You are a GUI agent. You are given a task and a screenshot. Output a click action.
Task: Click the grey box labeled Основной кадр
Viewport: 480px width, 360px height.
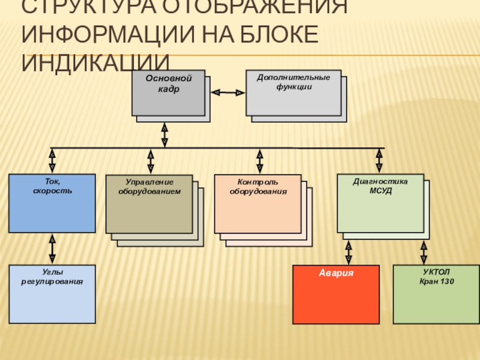click(x=168, y=93)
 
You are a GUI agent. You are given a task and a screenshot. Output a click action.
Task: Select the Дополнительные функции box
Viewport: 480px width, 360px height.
click(x=293, y=93)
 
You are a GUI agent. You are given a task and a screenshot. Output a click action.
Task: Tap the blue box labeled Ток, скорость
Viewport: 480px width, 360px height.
click(x=52, y=203)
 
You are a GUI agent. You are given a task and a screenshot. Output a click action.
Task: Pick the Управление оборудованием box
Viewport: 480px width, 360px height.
click(x=149, y=204)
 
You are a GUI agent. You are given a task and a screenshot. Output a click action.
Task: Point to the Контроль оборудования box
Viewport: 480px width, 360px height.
click(x=258, y=204)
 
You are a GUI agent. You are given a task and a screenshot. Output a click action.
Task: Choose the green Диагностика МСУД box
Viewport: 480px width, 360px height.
click(x=380, y=203)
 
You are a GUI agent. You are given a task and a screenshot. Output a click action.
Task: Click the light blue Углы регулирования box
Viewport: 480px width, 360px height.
click(x=52, y=294)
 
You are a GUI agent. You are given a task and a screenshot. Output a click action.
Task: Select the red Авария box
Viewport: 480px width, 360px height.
click(x=336, y=294)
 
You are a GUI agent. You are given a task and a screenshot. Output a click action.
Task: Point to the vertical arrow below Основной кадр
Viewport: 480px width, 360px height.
click(x=164, y=135)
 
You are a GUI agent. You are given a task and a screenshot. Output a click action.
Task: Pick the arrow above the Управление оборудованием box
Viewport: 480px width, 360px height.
click(x=151, y=161)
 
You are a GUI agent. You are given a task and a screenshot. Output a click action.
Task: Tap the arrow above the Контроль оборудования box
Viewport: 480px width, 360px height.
click(x=259, y=161)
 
